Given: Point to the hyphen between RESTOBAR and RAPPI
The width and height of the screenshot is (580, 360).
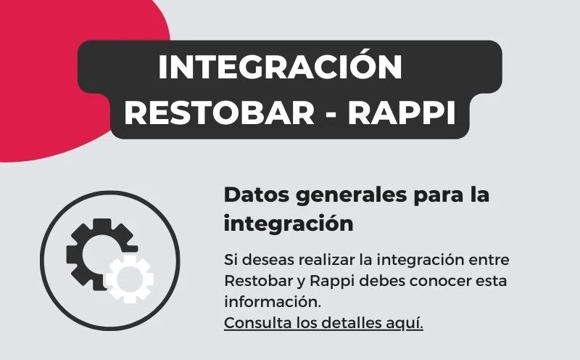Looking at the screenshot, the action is coord(331,115).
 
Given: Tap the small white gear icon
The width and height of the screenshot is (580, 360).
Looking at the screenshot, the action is coord(129,279).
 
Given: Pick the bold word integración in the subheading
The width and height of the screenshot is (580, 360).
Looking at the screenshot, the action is coord(289,224).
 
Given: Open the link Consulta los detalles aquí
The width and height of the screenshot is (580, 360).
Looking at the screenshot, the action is coord(323,323).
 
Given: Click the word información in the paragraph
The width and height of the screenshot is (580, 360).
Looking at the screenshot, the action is coord(273,302).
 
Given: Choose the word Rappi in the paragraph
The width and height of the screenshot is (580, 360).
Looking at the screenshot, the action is coord(332,282).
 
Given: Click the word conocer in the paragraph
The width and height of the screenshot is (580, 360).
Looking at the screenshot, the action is coord(435,282).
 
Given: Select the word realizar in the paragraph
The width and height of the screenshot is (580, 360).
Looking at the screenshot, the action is coord(327,260).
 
